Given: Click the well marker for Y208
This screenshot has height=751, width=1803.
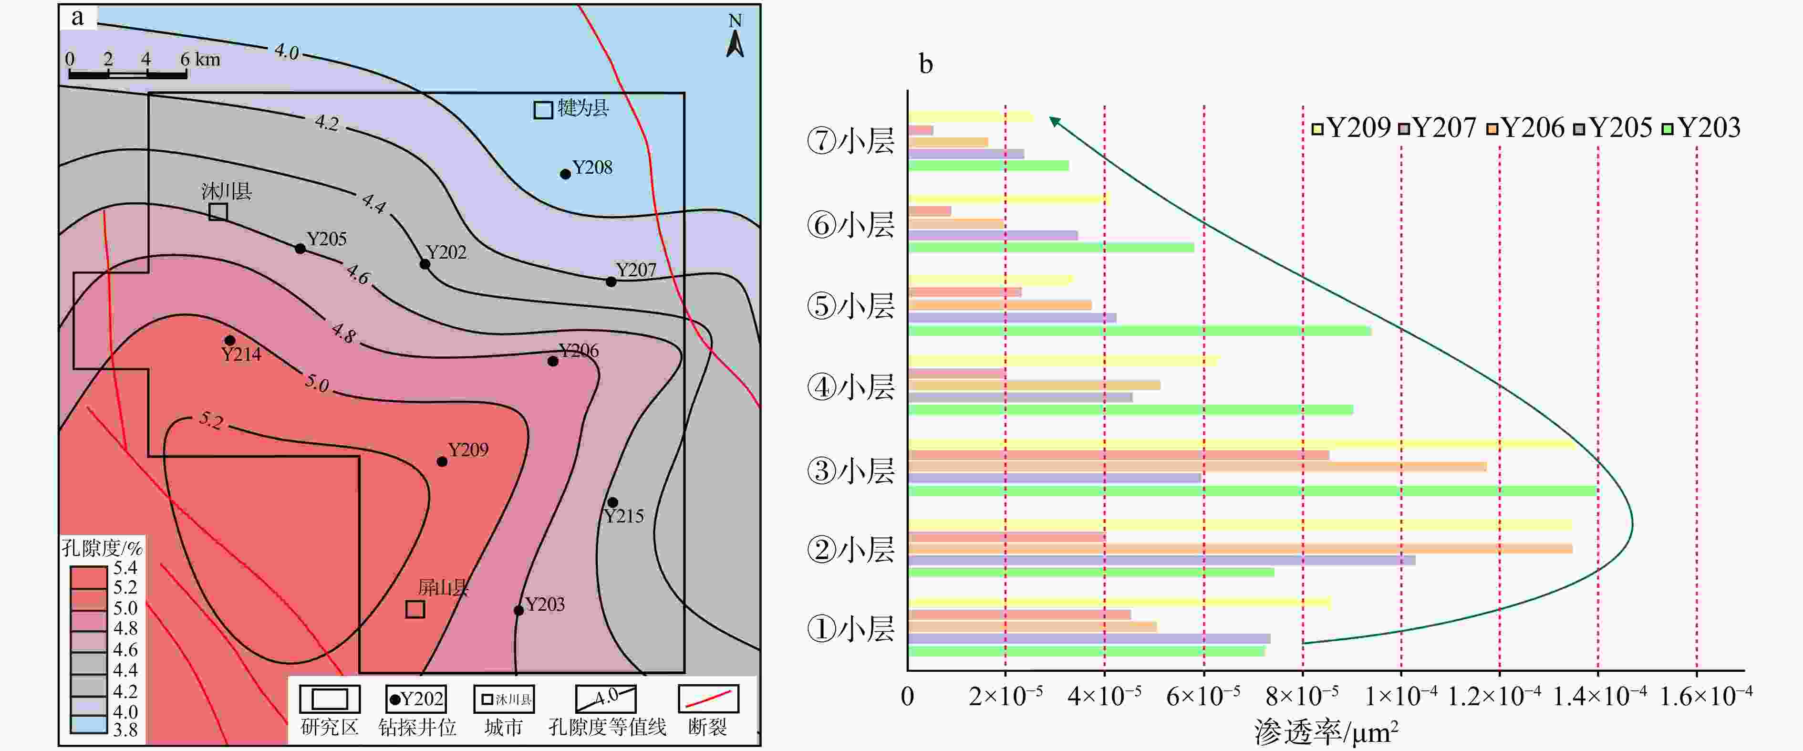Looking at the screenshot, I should [565, 174].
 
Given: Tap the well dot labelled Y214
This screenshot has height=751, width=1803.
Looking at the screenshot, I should [229, 340].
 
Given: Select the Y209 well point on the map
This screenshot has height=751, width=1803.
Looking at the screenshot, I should [442, 461].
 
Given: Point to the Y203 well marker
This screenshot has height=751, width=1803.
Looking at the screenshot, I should [518, 610].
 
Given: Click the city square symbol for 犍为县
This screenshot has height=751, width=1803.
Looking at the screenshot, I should [543, 110].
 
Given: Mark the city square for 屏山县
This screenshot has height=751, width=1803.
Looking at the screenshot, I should [415, 609].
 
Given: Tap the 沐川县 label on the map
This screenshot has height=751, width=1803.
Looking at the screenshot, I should [226, 191].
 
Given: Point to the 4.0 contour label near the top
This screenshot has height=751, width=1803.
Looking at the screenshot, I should [286, 51].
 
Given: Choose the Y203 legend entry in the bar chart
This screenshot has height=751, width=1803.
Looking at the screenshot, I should [1701, 128].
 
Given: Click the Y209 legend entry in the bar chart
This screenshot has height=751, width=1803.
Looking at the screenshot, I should [1351, 128].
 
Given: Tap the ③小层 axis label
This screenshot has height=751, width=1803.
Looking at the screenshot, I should [850, 471].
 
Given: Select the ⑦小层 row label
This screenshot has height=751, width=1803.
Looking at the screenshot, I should [850, 141].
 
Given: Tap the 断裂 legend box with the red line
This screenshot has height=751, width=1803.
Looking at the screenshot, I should [708, 699].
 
